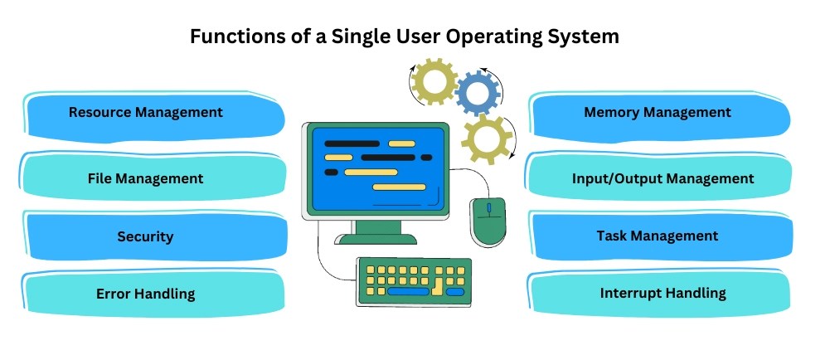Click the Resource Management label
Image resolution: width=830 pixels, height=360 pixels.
145,112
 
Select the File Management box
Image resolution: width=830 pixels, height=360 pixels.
145,178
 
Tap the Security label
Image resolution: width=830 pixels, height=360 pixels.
145,236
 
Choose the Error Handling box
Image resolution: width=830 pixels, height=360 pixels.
145,294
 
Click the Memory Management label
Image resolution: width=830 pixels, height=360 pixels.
658,112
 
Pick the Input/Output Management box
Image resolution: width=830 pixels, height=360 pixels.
663,178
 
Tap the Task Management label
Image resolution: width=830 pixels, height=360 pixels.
658,236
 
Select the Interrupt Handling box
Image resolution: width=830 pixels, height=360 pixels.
663,293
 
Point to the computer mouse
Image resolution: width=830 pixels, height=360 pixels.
488,221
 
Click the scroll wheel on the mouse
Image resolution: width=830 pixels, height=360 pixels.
488,207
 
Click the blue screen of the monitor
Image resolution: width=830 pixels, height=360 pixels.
376,166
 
